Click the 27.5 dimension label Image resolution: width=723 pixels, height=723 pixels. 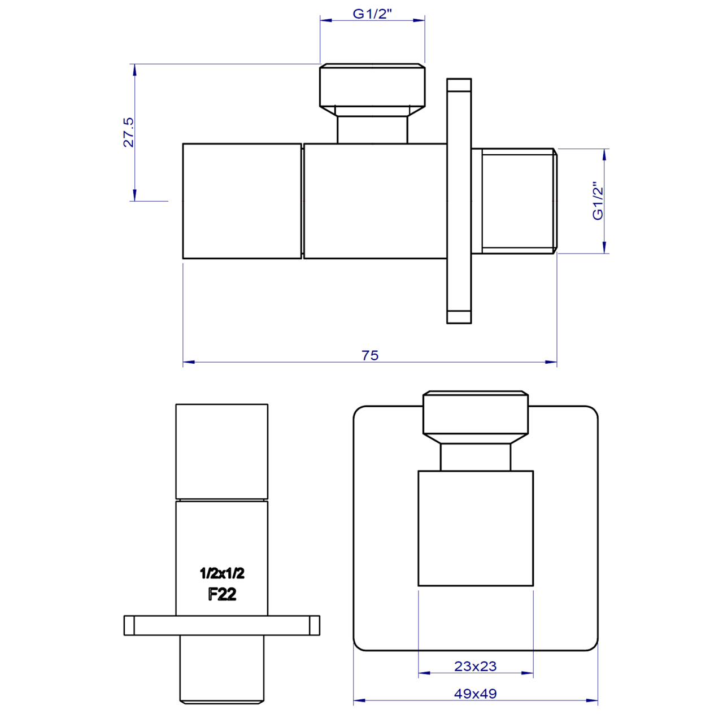coord(128,132)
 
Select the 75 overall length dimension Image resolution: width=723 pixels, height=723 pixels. coord(370,355)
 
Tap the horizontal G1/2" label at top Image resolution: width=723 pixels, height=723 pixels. coord(372,14)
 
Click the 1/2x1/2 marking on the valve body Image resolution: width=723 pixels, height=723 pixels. coord(222,573)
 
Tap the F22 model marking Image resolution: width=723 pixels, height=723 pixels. coord(222,594)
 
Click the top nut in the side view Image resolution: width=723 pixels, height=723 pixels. coord(372,85)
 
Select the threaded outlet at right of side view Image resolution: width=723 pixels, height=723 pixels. coord(515,201)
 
